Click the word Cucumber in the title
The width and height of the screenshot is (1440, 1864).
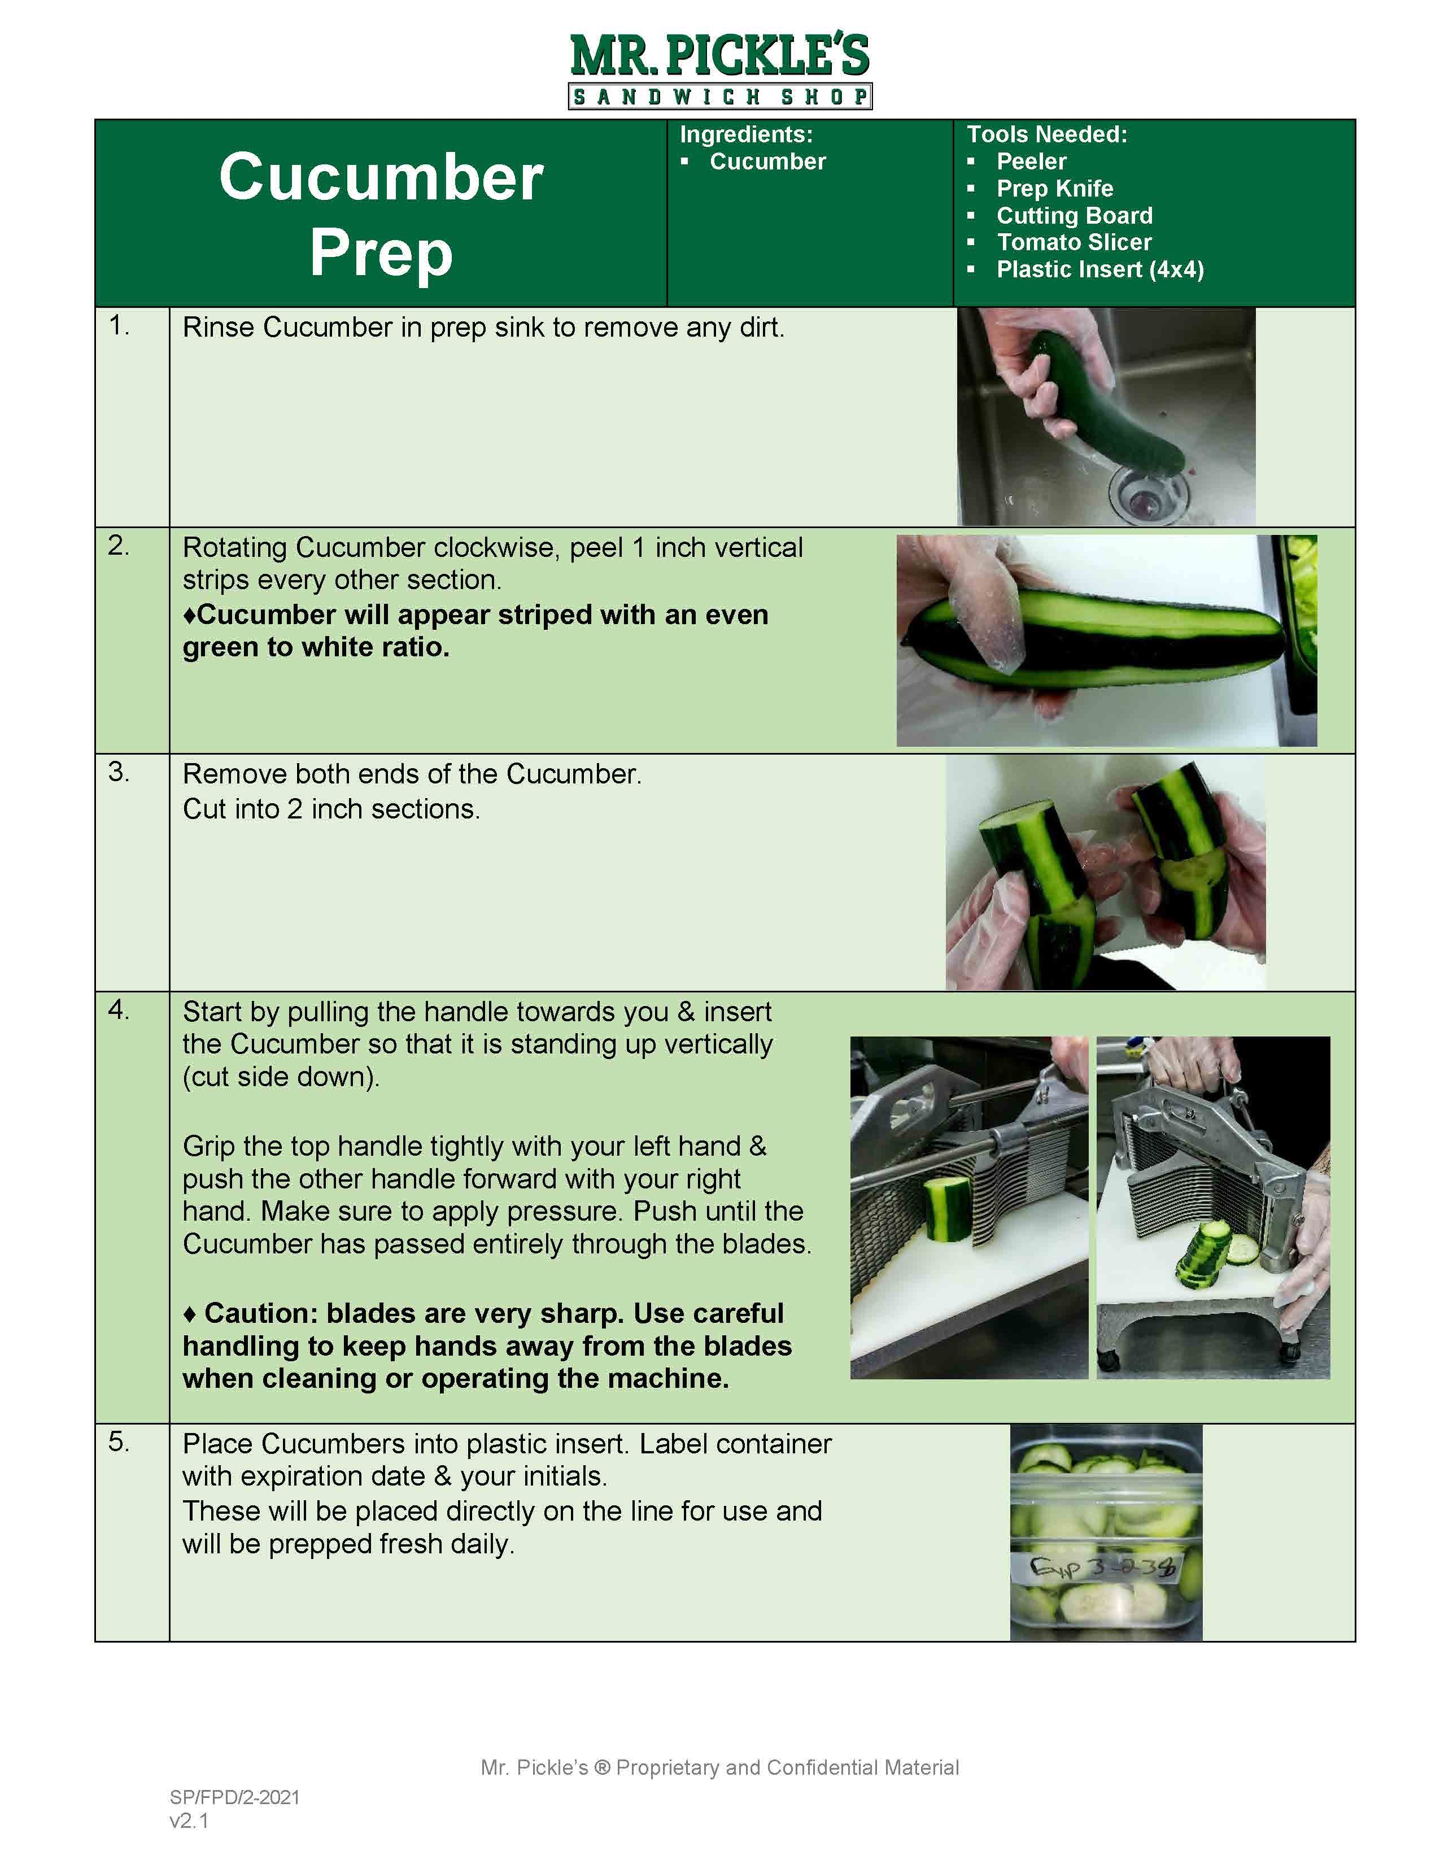click(381, 177)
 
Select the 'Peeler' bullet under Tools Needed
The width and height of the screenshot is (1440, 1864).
click(1031, 162)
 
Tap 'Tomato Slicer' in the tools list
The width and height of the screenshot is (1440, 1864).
click(1074, 242)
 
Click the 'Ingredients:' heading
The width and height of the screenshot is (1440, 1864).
click(745, 134)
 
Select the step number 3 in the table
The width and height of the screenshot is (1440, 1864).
click(119, 772)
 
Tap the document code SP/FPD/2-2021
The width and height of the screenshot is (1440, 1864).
click(234, 1797)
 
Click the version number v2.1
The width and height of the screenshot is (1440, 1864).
click(189, 1821)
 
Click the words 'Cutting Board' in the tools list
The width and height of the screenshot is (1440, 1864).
click(1074, 215)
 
